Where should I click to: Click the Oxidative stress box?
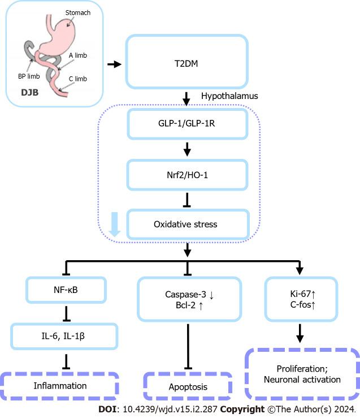point(186,224)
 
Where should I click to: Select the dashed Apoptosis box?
point(188,387)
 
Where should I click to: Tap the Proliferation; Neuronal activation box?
point(302,374)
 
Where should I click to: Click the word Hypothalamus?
point(229,96)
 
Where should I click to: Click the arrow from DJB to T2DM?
point(114,64)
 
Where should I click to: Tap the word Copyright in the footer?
point(242,409)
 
